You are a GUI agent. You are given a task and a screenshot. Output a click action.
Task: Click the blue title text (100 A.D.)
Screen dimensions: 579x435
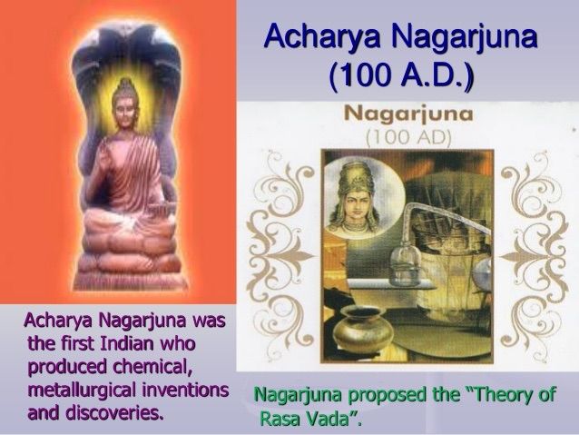click(400, 75)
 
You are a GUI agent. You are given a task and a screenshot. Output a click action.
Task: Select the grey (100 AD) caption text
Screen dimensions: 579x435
click(408, 137)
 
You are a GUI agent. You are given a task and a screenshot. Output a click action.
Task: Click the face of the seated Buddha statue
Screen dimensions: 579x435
click(124, 108)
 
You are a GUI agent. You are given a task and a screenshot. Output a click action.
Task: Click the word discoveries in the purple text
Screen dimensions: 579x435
click(115, 413)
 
